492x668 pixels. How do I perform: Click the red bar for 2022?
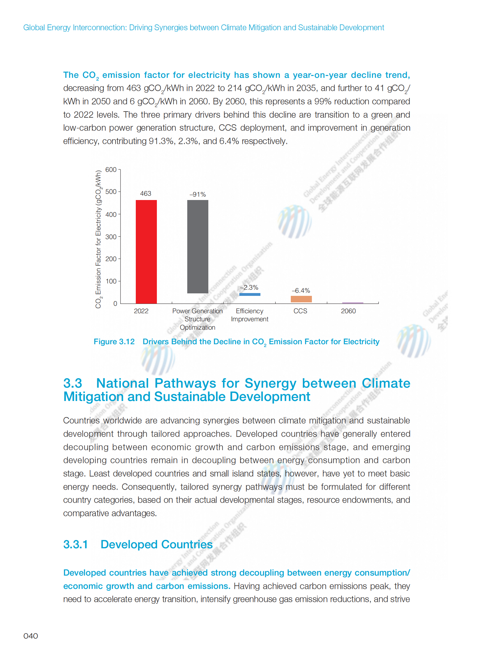click(x=146, y=252)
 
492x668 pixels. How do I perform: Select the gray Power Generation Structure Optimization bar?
click(x=198, y=247)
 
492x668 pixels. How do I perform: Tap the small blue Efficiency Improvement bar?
click(x=250, y=294)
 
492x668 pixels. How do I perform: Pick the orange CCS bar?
click(x=301, y=299)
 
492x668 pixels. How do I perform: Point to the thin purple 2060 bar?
click(x=352, y=303)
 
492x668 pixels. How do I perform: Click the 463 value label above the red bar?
click(x=146, y=194)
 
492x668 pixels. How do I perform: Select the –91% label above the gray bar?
click(x=198, y=194)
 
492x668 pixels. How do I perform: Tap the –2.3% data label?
click(x=249, y=287)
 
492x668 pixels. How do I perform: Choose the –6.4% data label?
click(x=301, y=291)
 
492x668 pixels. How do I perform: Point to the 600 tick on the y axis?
click(x=111, y=170)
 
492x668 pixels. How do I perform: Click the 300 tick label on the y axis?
click(x=111, y=237)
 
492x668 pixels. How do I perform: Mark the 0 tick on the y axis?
click(x=115, y=304)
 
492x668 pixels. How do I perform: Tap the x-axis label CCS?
click(x=300, y=311)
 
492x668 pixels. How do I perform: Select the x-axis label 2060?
click(x=348, y=311)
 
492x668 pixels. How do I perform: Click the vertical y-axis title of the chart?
click(x=98, y=239)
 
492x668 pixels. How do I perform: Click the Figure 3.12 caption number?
click(x=114, y=342)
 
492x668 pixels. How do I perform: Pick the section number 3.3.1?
click(x=76, y=545)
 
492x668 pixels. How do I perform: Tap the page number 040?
click(x=31, y=636)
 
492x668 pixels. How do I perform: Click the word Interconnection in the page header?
click(x=99, y=28)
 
